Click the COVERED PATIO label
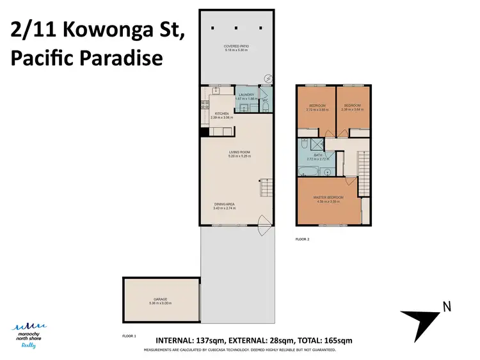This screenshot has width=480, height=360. pyautogui.click(x=236, y=47)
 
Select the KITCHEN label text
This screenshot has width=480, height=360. pyautogui.click(x=221, y=114)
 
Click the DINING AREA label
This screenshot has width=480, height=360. pyautogui.click(x=225, y=204)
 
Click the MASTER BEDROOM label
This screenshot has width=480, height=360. pyautogui.click(x=328, y=198)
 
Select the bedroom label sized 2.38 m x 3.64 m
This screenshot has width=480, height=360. pyautogui.click(x=353, y=106)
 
